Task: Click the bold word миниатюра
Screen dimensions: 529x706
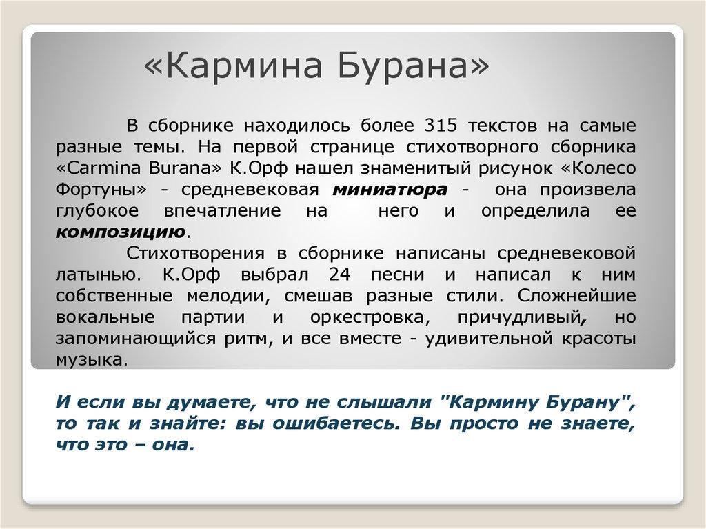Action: click(391, 190)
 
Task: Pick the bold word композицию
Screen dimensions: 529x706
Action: click(120, 231)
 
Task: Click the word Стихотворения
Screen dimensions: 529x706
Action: click(192, 253)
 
